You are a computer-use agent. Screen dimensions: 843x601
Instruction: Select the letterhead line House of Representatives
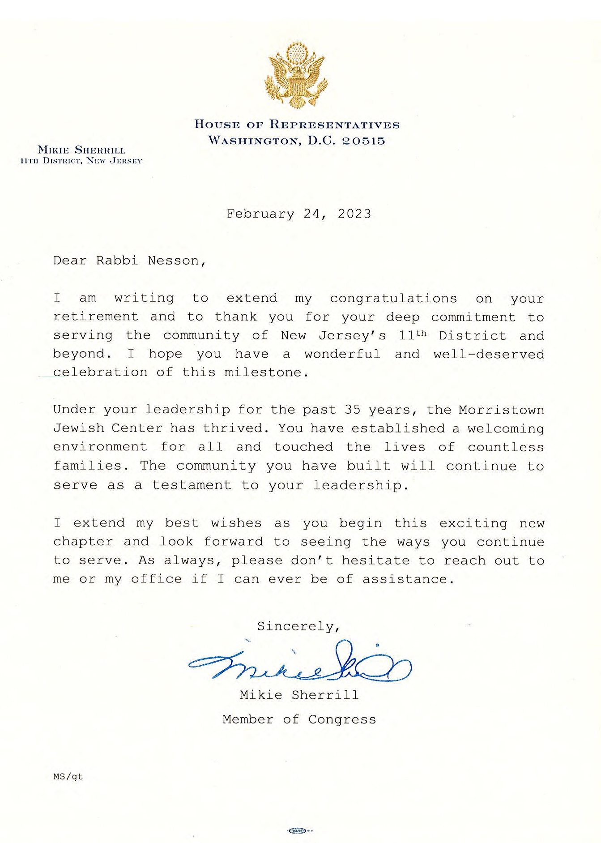click(297, 124)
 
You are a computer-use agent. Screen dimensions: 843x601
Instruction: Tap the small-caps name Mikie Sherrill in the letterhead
click(81, 150)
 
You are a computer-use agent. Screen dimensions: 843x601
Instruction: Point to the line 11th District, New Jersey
click(81, 161)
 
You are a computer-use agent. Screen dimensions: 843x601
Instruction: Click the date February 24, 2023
click(298, 214)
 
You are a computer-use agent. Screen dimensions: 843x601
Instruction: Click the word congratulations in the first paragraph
click(393, 299)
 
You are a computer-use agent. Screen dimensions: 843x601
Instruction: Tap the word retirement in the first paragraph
click(96, 317)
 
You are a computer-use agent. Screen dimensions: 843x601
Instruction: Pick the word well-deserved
click(489, 354)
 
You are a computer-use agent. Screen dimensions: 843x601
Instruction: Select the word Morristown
click(501, 410)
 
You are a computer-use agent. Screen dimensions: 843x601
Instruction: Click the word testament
click(192, 485)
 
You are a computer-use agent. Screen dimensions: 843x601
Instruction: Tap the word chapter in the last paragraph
click(83, 542)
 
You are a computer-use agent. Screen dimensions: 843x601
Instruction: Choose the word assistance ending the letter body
click(405, 579)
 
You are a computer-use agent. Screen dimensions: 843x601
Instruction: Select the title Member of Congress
click(299, 719)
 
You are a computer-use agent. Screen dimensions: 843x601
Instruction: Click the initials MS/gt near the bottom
click(68, 777)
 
